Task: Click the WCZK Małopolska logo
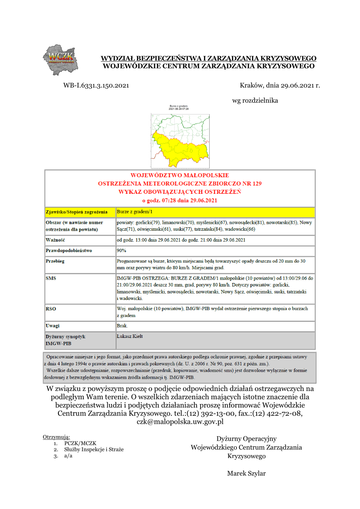[x=61, y=59]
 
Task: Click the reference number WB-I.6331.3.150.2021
[x=96, y=86]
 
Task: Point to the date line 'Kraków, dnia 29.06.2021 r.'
[x=280, y=86]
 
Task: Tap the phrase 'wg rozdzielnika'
[x=255, y=101]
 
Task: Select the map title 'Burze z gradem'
[x=179, y=106]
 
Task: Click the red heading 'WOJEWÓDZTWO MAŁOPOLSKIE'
[x=180, y=175]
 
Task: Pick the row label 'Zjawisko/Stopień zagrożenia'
[x=77, y=212]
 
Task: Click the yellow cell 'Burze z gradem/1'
[x=135, y=212]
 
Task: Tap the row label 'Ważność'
[x=55, y=240]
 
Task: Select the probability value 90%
[x=122, y=250]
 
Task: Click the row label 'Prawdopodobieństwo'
[x=69, y=251]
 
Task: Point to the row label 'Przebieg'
[x=56, y=261]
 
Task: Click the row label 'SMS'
[x=51, y=277]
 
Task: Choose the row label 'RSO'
[x=51, y=309]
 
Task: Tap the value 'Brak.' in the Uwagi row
[x=122, y=326]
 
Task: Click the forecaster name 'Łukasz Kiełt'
[x=130, y=336]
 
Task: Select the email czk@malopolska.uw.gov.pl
[x=180, y=421]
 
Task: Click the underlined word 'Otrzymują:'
[x=57, y=437]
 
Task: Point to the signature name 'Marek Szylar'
[x=246, y=473]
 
